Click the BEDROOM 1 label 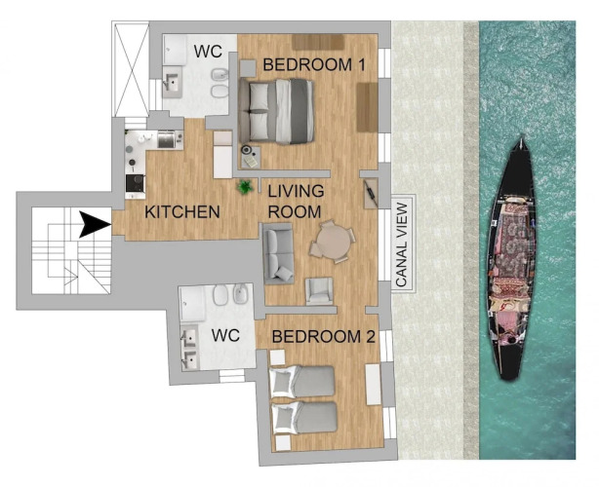314,65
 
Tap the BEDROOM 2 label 323,337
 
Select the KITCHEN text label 182,212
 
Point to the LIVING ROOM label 296,202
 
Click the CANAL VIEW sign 403,243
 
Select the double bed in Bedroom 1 276,111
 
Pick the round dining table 332,242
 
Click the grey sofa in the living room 278,253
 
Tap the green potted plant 245,187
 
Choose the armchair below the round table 319,291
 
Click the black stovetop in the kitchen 136,183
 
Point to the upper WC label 208,51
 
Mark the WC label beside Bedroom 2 225,335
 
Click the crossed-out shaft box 131,69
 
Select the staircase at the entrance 71,250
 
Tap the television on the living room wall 371,194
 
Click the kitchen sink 167,139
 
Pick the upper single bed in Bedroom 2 301,382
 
